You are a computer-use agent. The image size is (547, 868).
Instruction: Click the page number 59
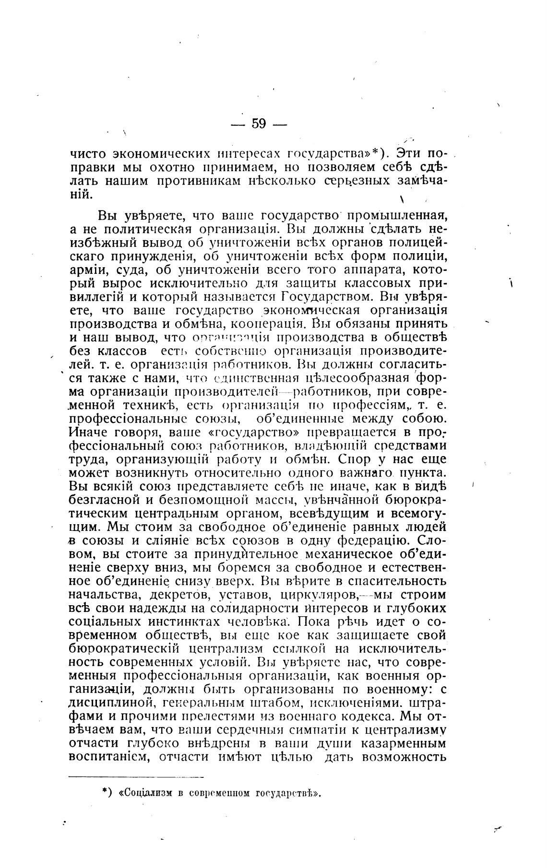[x=259, y=124]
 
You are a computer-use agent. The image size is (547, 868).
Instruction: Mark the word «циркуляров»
[x=312, y=595]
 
